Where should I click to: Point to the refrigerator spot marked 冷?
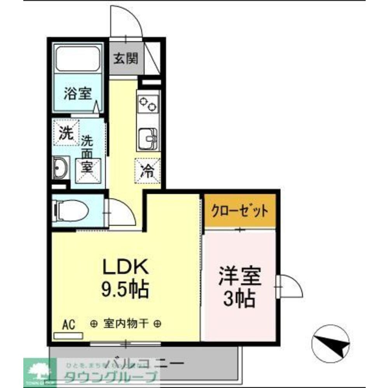(147, 170)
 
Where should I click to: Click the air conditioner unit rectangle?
(68, 336)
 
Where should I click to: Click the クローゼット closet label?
(240, 211)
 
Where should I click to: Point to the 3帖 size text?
(240, 299)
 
